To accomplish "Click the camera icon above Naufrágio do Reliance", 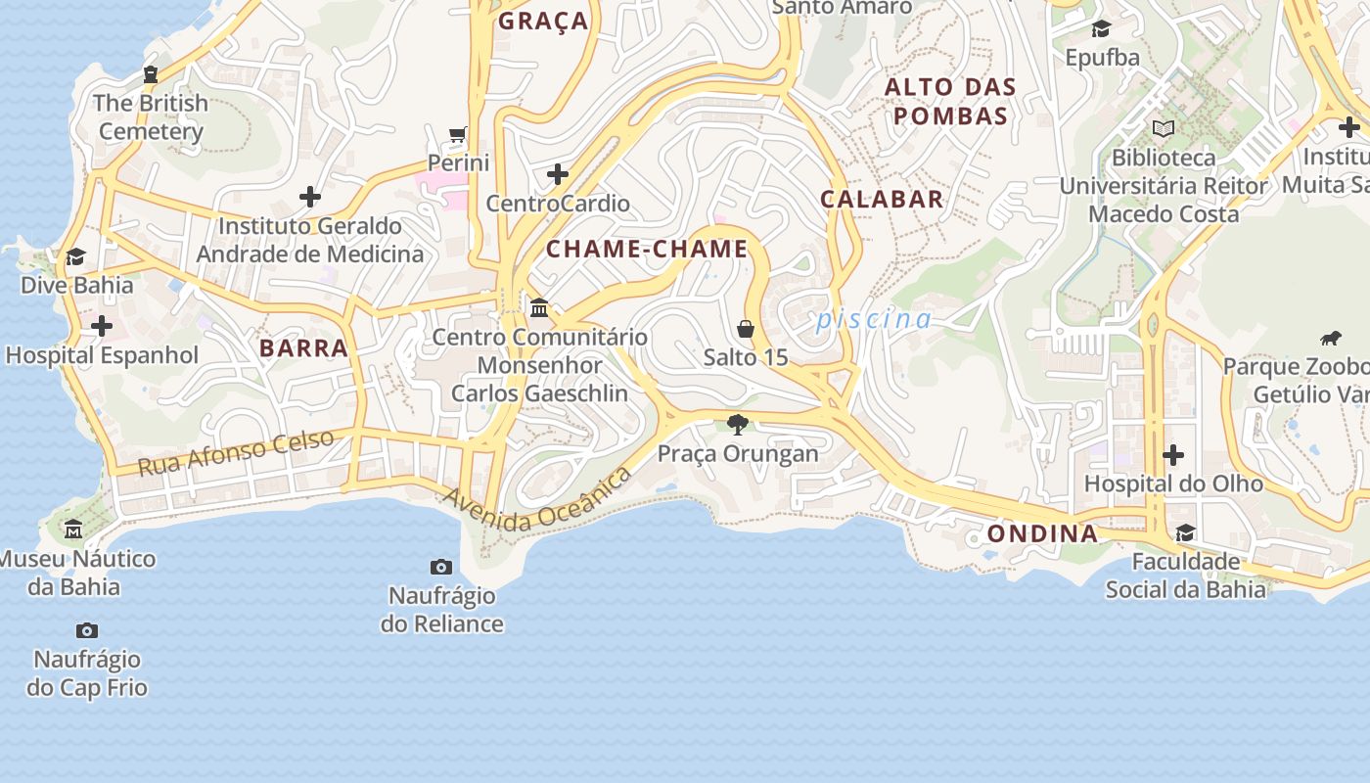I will click(x=441, y=567).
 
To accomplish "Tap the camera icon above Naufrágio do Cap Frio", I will click(x=87, y=630).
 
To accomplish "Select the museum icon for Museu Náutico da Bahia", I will click(x=73, y=530).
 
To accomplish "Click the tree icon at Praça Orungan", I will click(x=738, y=425).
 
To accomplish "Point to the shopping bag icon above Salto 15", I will click(x=746, y=329).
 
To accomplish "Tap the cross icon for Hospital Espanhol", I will click(x=101, y=326).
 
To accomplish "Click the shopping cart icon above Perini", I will click(x=457, y=134).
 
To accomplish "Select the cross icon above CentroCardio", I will click(x=558, y=174).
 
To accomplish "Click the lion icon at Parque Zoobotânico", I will click(x=1331, y=339).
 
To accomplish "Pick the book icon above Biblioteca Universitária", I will click(x=1164, y=128).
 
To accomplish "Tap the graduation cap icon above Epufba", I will click(x=1102, y=28).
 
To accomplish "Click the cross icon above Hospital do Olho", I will click(x=1172, y=455).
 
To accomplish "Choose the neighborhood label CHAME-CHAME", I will click(x=647, y=249).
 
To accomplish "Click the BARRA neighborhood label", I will click(x=303, y=347).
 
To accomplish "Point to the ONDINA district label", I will click(x=1042, y=533).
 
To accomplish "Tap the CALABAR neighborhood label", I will click(x=882, y=199).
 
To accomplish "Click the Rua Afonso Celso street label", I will click(x=236, y=452).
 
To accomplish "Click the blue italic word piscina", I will click(x=874, y=319).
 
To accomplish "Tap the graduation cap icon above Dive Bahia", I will click(x=75, y=256).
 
